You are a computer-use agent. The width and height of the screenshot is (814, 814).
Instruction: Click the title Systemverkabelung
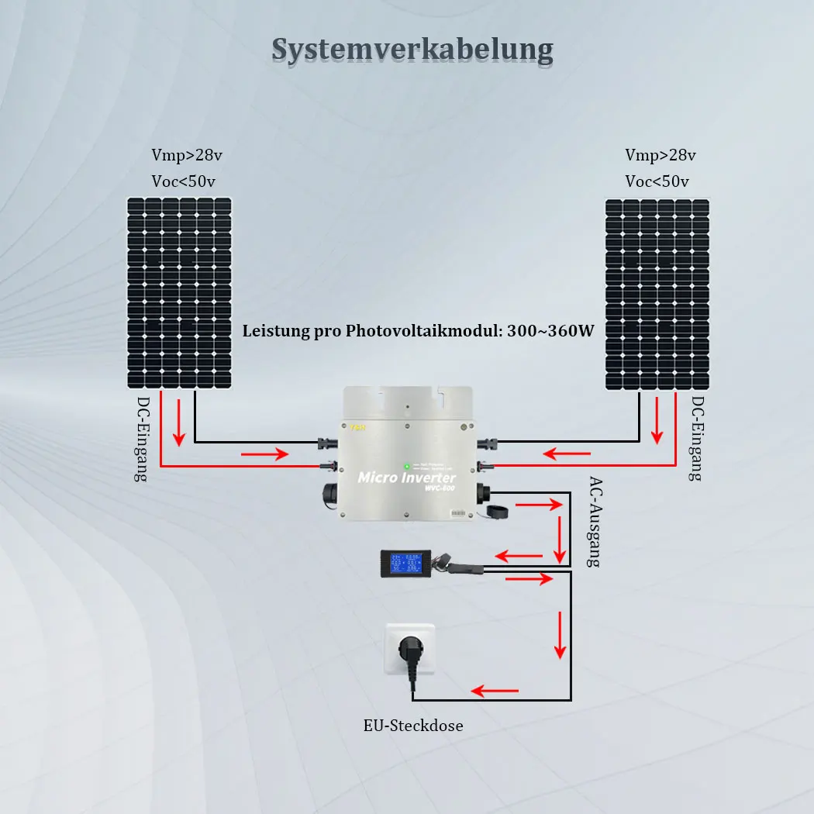(412, 50)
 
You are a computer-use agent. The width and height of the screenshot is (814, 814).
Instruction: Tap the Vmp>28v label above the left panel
(187, 155)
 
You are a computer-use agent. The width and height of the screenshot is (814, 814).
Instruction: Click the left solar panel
(180, 292)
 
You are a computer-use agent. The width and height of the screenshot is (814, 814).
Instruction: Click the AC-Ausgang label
(594, 521)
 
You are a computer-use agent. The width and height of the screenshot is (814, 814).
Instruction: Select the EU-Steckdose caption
(413, 726)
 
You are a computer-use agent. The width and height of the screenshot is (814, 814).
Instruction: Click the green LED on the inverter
(405, 466)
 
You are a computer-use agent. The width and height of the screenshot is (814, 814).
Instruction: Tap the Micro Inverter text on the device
(405, 478)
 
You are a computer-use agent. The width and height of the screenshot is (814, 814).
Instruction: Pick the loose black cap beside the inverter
(492, 512)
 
